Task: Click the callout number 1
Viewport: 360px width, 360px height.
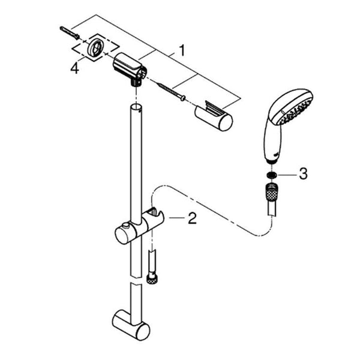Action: tap(182, 50)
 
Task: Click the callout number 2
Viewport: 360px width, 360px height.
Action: tap(192, 218)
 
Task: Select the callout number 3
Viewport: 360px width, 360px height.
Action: tap(303, 174)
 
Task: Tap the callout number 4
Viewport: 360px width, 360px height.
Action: tap(74, 68)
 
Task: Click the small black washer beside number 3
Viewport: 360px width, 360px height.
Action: tap(271, 175)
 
